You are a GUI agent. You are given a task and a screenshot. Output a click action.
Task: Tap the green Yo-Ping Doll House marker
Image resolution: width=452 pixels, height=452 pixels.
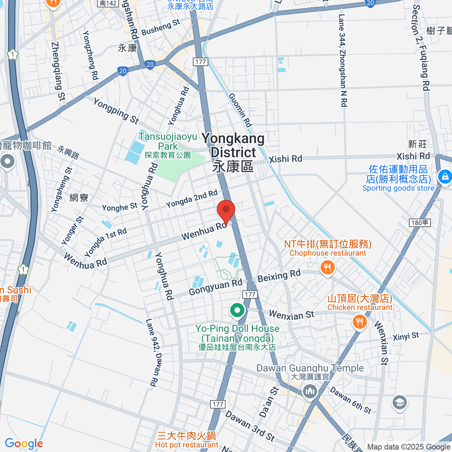(x=237, y=311)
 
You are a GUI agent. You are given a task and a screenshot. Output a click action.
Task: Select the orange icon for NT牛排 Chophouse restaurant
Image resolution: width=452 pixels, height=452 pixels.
(x=327, y=268)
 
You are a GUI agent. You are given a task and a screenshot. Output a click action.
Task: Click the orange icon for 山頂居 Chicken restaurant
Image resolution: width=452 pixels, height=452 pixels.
(x=359, y=322)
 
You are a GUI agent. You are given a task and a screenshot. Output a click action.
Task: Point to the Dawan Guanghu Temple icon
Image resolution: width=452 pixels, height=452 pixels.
(x=310, y=391)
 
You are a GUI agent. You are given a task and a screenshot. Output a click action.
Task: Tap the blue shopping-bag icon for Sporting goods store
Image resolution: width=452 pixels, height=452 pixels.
(x=445, y=176)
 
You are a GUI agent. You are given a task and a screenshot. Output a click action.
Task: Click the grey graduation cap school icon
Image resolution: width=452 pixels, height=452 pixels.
(x=399, y=402)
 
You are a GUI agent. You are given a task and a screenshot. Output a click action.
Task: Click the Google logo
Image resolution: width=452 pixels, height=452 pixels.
(x=24, y=444)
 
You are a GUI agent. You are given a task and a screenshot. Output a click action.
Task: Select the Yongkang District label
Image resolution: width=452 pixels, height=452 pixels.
(x=233, y=151)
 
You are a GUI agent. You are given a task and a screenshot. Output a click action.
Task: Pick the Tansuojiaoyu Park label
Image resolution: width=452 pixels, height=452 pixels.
(x=168, y=141)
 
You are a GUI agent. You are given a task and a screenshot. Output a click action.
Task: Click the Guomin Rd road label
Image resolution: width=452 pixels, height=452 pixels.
(x=240, y=110)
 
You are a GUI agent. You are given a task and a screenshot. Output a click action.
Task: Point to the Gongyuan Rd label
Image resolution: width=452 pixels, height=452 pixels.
(x=215, y=287)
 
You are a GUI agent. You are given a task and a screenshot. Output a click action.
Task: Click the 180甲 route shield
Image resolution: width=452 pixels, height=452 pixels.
(x=420, y=223)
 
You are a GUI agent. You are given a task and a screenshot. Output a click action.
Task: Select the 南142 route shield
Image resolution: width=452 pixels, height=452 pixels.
(x=108, y=3)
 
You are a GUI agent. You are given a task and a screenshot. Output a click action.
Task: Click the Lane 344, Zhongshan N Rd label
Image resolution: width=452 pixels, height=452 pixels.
(x=342, y=60)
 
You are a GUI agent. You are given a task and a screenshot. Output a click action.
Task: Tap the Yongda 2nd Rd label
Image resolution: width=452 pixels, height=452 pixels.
(x=192, y=199)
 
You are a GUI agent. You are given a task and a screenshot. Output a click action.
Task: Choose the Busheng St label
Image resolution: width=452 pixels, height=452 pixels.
(x=161, y=27)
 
